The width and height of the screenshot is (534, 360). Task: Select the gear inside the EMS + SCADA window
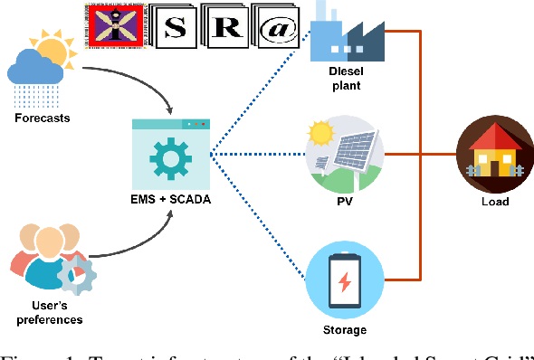click(170, 159)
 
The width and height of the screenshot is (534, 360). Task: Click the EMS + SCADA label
click(170, 199)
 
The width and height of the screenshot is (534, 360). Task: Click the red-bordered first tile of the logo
click(119, 26)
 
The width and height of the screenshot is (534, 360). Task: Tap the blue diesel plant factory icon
click(343, 33)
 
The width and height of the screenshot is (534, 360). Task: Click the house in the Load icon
click(494, 153)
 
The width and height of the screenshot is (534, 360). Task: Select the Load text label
click(494, 202)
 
